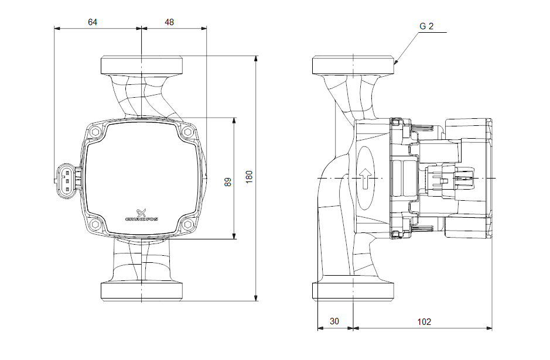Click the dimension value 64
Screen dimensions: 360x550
coord(93,22)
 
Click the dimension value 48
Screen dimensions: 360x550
coord(169,22)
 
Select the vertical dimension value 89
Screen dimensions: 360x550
coord(228,181)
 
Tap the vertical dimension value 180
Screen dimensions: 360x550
coord(249,177)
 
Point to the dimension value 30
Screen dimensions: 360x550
coord(334,321)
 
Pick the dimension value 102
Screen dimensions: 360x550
coord(424,321)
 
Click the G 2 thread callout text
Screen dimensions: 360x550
coord(426,26)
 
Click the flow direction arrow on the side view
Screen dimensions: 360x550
coord(365,178)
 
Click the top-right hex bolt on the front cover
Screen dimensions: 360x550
coord(187,132)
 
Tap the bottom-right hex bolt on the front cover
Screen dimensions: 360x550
coord(187,224)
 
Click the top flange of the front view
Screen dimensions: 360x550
coord(142,64)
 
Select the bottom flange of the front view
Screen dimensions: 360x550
coord(142,292)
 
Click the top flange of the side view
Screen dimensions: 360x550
coord(354,65)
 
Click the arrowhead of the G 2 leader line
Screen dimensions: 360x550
coord(396,62)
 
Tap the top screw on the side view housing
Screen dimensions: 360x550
coord(397,122)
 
